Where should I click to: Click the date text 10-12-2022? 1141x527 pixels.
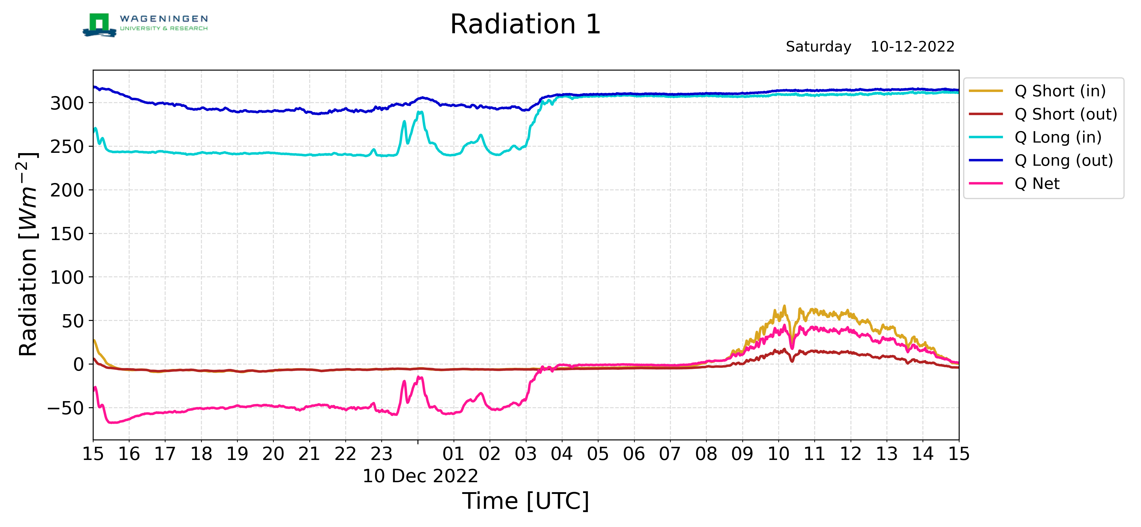[x=913, y=47]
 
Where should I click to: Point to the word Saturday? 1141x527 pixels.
[x=819, y=47]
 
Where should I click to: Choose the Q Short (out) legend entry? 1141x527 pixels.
[x=1043, y=114]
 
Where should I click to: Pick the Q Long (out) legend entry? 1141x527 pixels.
[x=1041, y=160]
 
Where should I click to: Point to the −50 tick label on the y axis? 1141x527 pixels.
[x=66, y=408]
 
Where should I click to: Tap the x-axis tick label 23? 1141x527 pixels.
[x=382, y=454]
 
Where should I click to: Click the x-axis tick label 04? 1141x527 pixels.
[x=562, y=454]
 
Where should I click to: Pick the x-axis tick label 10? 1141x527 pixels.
[x=778, y=454]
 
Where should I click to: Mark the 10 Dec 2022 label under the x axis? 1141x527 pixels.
[x=420, y=476]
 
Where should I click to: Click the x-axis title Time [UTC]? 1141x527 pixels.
[x=526, y=501]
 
